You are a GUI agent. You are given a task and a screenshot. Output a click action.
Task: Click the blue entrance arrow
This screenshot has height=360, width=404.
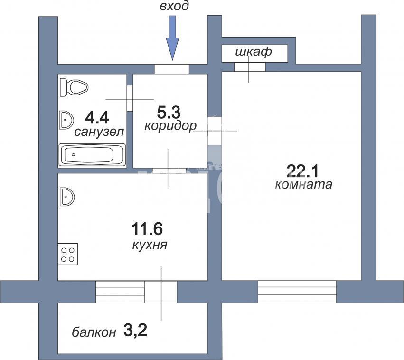[x=172, y=38]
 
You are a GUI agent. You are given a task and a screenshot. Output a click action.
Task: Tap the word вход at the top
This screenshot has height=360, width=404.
[x=174, y=6]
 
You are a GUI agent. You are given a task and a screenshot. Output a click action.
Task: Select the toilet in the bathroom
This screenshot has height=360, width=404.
[x=74, y=87]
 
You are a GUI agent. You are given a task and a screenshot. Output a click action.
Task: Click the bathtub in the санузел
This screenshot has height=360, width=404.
[x=92, y=155]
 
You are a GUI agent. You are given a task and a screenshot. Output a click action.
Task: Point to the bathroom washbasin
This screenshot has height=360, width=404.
[x=66, y=120]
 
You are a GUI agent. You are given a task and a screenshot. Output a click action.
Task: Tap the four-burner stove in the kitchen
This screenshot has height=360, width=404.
[x=68, y=254]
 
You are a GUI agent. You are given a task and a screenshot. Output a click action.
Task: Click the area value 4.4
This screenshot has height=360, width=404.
[x=97, y=117]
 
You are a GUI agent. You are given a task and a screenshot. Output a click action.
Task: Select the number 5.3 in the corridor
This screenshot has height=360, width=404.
[x=169, y=113]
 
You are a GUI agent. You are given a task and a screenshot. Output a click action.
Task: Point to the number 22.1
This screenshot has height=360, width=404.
[x=303, y=171]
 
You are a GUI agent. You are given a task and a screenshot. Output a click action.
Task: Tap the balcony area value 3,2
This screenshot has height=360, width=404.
[x=135, y=331]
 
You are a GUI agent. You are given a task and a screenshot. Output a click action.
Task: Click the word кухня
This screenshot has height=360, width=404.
[x=150, y=245]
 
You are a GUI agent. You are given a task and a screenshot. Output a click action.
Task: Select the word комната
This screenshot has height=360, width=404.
[x=303, y=185]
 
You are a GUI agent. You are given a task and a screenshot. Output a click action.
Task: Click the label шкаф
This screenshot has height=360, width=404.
[x=254, y=52]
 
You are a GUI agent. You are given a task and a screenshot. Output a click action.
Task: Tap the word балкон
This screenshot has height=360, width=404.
[x=94, y=332]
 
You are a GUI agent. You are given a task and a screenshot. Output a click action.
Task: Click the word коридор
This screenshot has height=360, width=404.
[x=170, y=126]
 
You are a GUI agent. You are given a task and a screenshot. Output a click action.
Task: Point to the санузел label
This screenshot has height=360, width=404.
[x=99, y=132]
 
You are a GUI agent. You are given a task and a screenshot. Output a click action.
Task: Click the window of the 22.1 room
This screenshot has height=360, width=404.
[x=297, y=292]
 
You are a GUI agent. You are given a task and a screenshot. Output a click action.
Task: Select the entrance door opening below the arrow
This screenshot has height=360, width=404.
[x=171, y=69]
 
